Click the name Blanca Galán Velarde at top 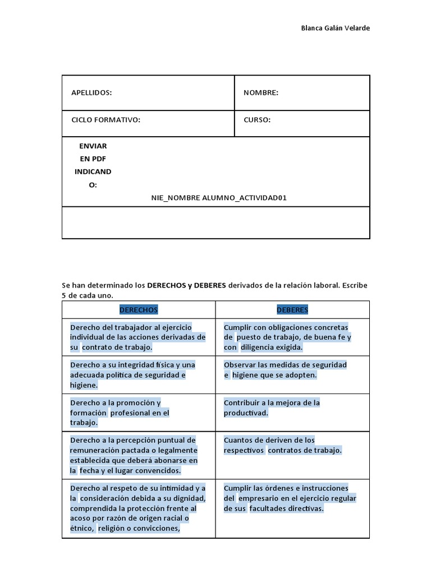click(336, 29)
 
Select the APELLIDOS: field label click(91, 92)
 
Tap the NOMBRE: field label click(260, 92)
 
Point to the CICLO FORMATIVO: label click(106, 120)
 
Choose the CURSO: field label click(257, 120)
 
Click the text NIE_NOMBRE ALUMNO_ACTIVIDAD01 click(219, 198)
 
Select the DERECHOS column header click(138, 309)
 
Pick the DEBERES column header click(292, 309)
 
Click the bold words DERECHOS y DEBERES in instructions click(186, 285)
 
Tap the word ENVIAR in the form click(93, 146)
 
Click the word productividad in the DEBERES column click(246, 413)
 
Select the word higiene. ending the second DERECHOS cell click(84, 385)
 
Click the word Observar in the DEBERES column click(240, 365)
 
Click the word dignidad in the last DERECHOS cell click(189, 498)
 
